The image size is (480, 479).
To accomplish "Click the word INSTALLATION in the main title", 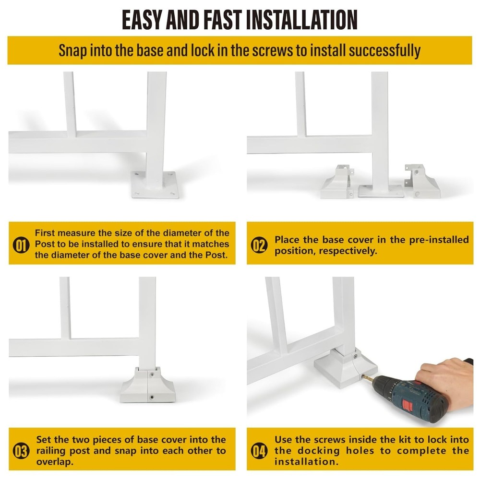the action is (301, 20).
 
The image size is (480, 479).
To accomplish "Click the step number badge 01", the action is (21, 245).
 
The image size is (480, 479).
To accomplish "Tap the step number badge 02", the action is (259, 245).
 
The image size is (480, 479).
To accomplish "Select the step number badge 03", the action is (21, 451).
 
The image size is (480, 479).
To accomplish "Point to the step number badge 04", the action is (259, 451).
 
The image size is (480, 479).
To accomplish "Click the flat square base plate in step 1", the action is (155, 185).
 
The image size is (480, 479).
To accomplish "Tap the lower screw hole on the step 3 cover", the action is (152, 397).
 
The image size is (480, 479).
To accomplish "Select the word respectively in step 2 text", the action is (348, 251).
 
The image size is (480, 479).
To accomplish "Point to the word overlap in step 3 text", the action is (55, 462).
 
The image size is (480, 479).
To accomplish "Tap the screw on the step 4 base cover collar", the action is (355, 356).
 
